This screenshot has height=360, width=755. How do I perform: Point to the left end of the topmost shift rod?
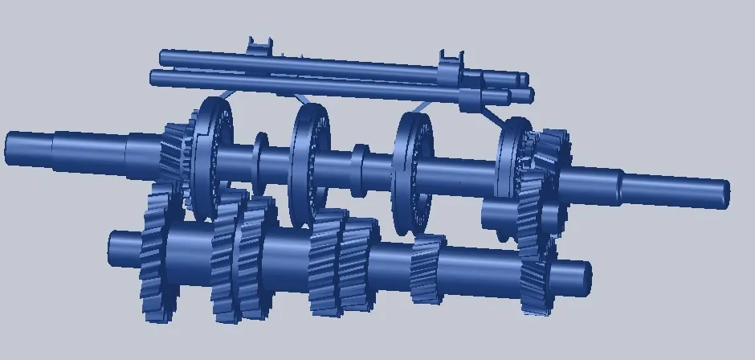tap(164, 57)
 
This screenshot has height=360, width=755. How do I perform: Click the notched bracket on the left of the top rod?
tap(259, 48)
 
